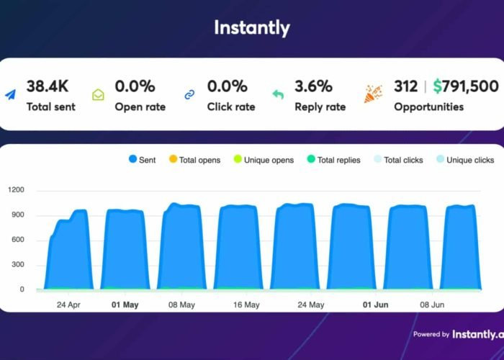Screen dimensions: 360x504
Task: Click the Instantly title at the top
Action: click(x=251, y=28)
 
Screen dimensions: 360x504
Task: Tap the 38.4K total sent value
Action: click(x=48, y=86)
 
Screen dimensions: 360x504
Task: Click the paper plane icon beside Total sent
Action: click(x=12, y=95)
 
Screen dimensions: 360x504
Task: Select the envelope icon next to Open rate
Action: click(x=99, y=95)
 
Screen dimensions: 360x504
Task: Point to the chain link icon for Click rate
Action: click(x=190, y=95)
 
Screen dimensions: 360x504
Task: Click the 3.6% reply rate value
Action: click(x=313, y=86)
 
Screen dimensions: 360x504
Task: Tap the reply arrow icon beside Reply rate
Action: click(x=279, y=95)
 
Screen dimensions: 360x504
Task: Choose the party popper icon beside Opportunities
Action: click(x=373, y=94)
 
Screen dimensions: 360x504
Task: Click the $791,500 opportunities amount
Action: click(x=465, y=86)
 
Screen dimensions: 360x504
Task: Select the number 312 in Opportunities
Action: click(x=405, y=86)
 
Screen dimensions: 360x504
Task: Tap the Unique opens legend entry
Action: click(x=264, y=160)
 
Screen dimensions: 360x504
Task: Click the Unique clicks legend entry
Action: click(x=465, y=160)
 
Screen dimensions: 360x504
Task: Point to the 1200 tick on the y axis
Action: click(x=16, y=191)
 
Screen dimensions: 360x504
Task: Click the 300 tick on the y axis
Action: click(x=18, y=265)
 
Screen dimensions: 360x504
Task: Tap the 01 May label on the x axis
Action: click(x=126, y=305)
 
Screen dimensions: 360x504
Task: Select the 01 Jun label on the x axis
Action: click(x=375, y=305)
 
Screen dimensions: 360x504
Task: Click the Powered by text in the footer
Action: click(x=431, y=334)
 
